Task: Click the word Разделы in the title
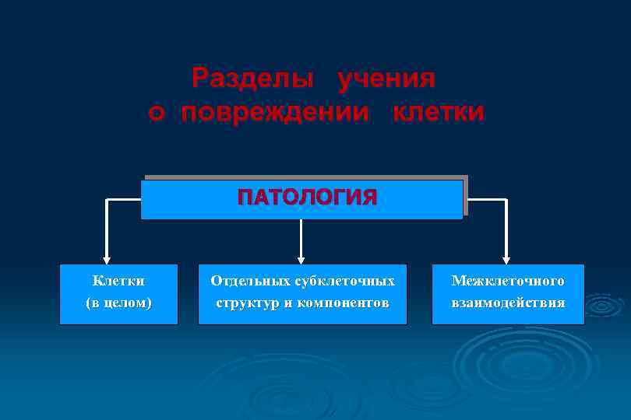[253, 79]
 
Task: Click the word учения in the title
[386, 79]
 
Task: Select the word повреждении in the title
[275, 112]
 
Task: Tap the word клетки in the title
[439, 112]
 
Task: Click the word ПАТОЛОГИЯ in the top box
[307, 197]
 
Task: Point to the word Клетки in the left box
[118, 280]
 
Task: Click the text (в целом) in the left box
[118, 303]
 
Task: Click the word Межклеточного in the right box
[508, 280]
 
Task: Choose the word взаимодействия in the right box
[508, 303]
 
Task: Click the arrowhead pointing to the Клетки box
[107, 260]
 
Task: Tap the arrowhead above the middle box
[301, 260]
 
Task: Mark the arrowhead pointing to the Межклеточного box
[506, 260]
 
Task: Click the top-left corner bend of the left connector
[108, 200]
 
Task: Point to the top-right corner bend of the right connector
[506, 200]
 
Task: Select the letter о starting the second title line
[157, 113]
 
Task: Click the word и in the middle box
[288, 303]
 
